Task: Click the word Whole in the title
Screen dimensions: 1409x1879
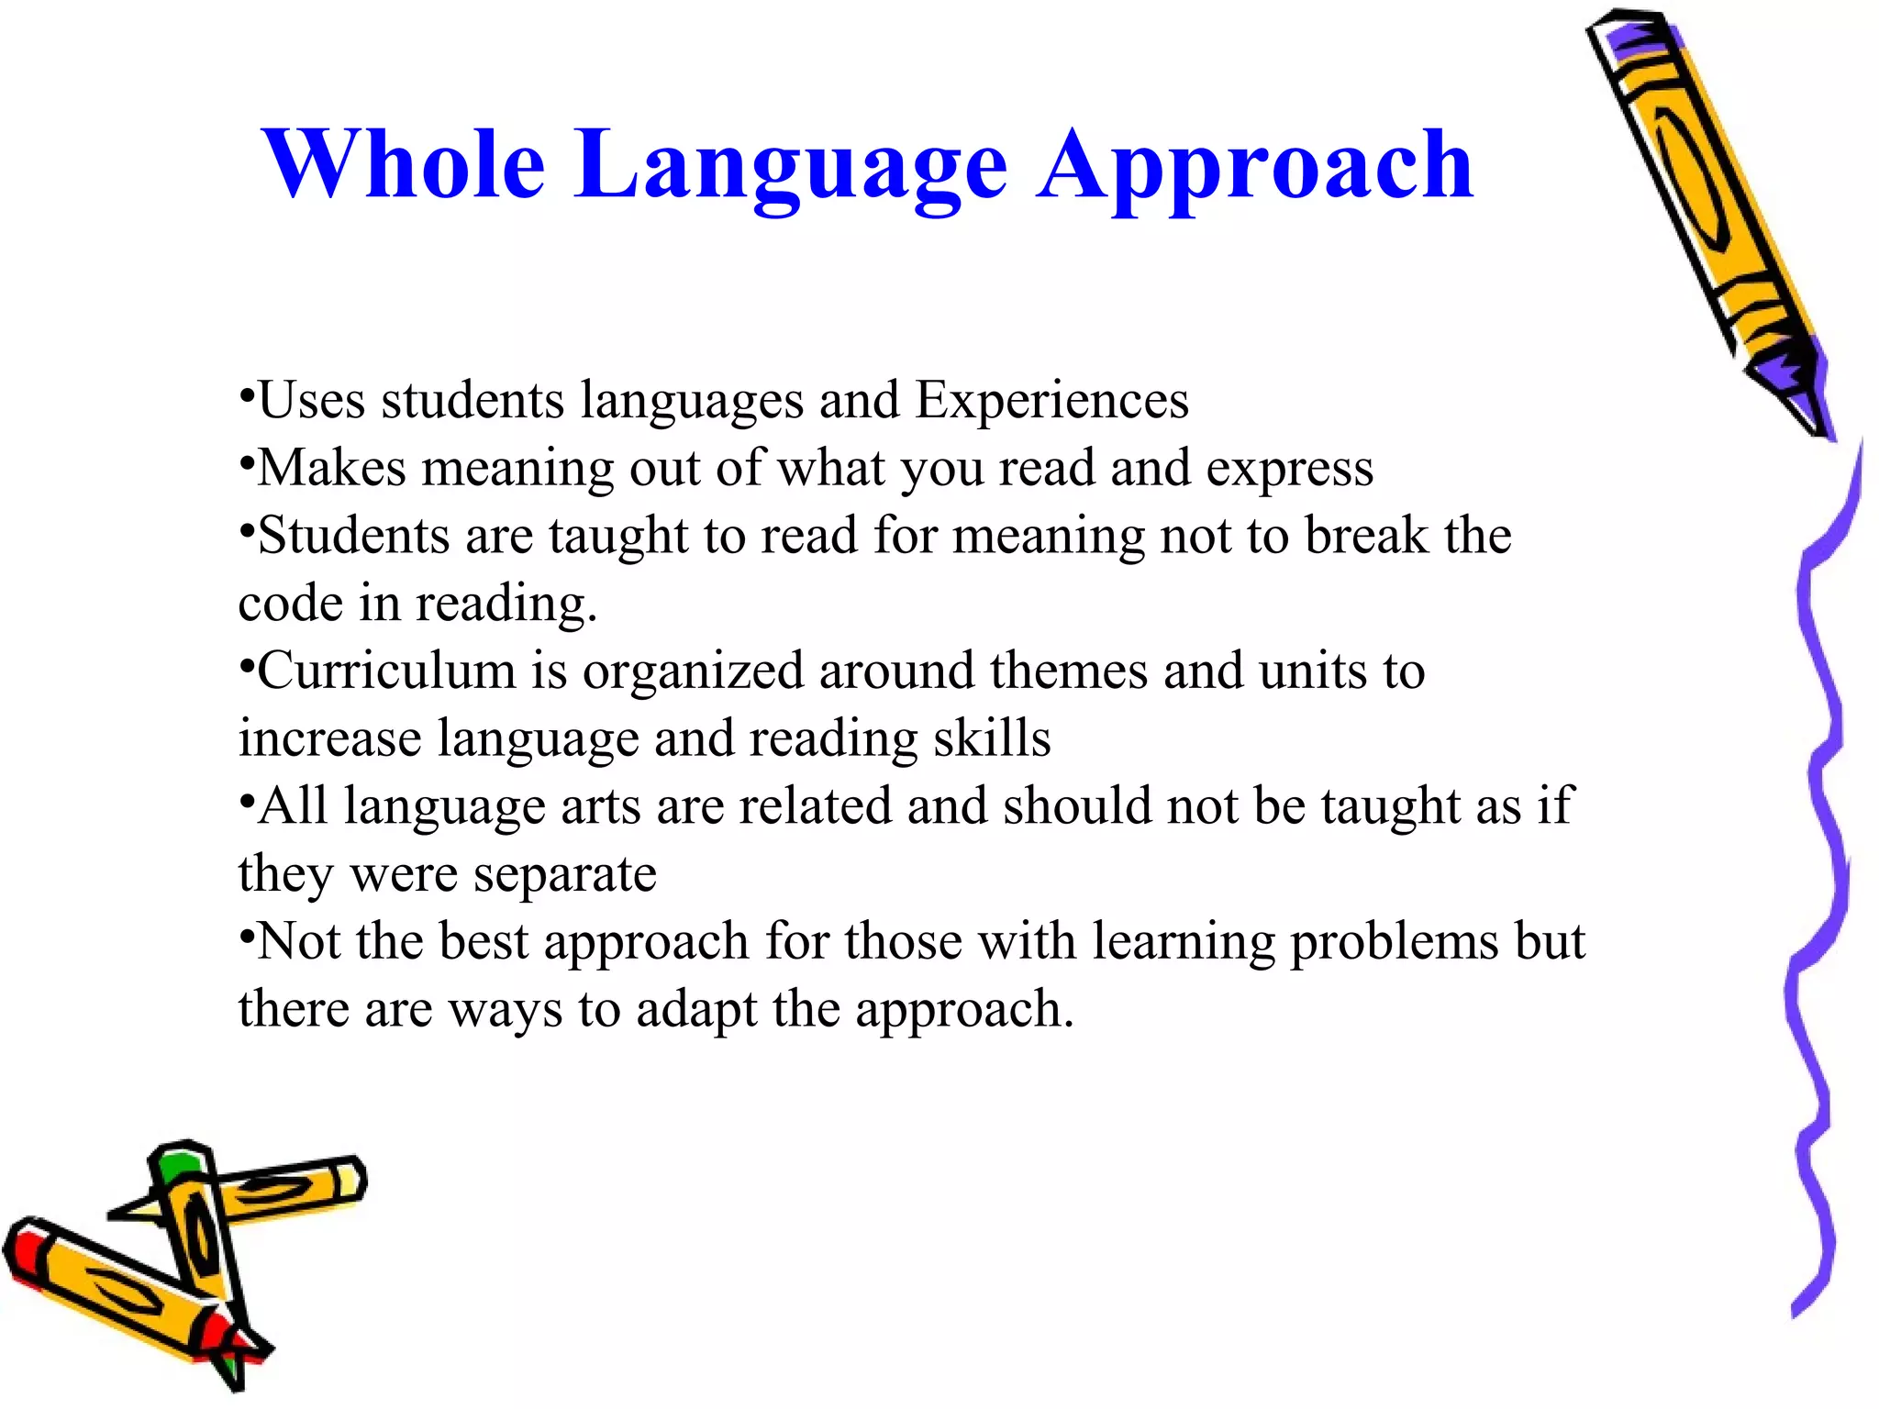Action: [404, 165]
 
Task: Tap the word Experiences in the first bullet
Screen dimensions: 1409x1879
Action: [1051, 401]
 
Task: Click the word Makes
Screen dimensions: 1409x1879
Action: [331, 468]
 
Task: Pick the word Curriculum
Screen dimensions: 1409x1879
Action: [386, 671]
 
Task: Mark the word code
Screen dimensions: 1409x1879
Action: [290, 604]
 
